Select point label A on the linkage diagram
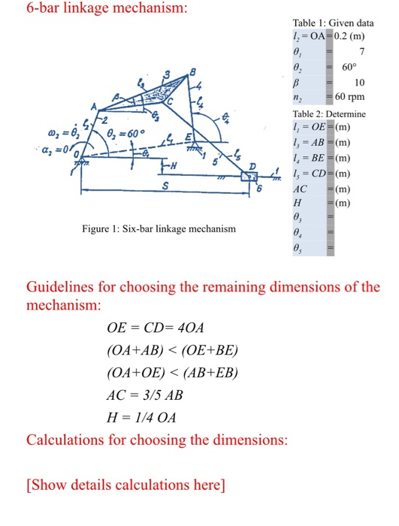click(95, 106)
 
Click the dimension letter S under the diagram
click(167, 185)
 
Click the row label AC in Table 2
click(301, 187)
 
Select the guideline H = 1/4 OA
click(142, 418)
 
